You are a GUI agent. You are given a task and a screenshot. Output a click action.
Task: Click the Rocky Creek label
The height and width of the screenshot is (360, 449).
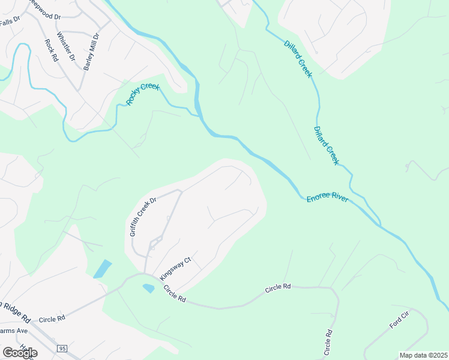(143, 95)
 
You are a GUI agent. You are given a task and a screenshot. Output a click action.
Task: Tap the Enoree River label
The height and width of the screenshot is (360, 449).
(328, 199)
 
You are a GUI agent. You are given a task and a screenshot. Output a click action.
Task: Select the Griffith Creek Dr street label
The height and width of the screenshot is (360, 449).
(143, 217)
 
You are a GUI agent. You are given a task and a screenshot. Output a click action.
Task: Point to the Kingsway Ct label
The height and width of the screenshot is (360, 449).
(175, 268)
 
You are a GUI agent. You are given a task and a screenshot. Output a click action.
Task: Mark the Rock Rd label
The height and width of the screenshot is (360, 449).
(50, 50)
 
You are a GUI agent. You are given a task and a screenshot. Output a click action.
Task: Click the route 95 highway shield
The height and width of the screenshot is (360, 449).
(62, 348)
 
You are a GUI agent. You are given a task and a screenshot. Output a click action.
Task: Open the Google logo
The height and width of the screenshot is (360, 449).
(20, 353)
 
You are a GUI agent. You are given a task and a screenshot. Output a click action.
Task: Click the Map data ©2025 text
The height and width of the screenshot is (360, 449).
(423, 355)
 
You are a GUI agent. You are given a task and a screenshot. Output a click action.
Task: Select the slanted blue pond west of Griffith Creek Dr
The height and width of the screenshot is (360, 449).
(102, 269)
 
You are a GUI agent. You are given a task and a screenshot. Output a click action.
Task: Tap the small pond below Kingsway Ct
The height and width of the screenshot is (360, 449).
(148, 288)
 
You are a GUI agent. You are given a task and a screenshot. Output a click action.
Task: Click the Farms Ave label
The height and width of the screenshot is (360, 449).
(14, 331)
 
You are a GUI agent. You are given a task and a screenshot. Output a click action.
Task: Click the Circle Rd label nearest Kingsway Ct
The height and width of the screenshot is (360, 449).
(174, 295)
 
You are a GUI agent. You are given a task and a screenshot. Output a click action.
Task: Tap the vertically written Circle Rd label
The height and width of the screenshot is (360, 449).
(328, 340)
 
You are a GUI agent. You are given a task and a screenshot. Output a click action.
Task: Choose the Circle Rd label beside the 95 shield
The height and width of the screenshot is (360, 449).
(52, 319)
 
